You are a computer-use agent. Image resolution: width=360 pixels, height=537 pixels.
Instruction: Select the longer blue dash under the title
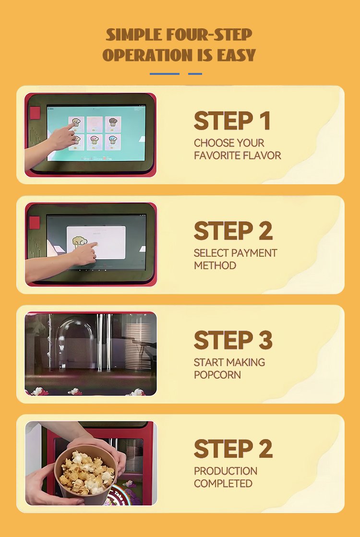(165, 73)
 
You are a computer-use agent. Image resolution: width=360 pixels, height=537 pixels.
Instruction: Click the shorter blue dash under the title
(195, 73)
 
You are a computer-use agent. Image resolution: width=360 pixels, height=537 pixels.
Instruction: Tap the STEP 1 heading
(232, 121)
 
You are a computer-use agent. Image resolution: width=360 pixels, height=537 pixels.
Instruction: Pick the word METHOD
(215, 265)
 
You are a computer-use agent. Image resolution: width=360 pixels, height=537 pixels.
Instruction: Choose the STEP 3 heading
(233, 340)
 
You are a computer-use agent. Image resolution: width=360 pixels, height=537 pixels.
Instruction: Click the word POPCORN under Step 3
(217, 375)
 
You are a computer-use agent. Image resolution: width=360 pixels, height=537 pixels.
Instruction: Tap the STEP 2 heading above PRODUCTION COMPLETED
(233, 449)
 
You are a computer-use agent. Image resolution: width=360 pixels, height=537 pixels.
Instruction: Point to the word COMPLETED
(223, 484)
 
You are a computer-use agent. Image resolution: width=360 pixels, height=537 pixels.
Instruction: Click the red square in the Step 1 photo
(35, 113)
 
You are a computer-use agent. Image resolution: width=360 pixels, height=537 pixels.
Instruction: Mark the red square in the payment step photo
(35, 223)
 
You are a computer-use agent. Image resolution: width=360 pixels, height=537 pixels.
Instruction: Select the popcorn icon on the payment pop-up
(80, 242)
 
